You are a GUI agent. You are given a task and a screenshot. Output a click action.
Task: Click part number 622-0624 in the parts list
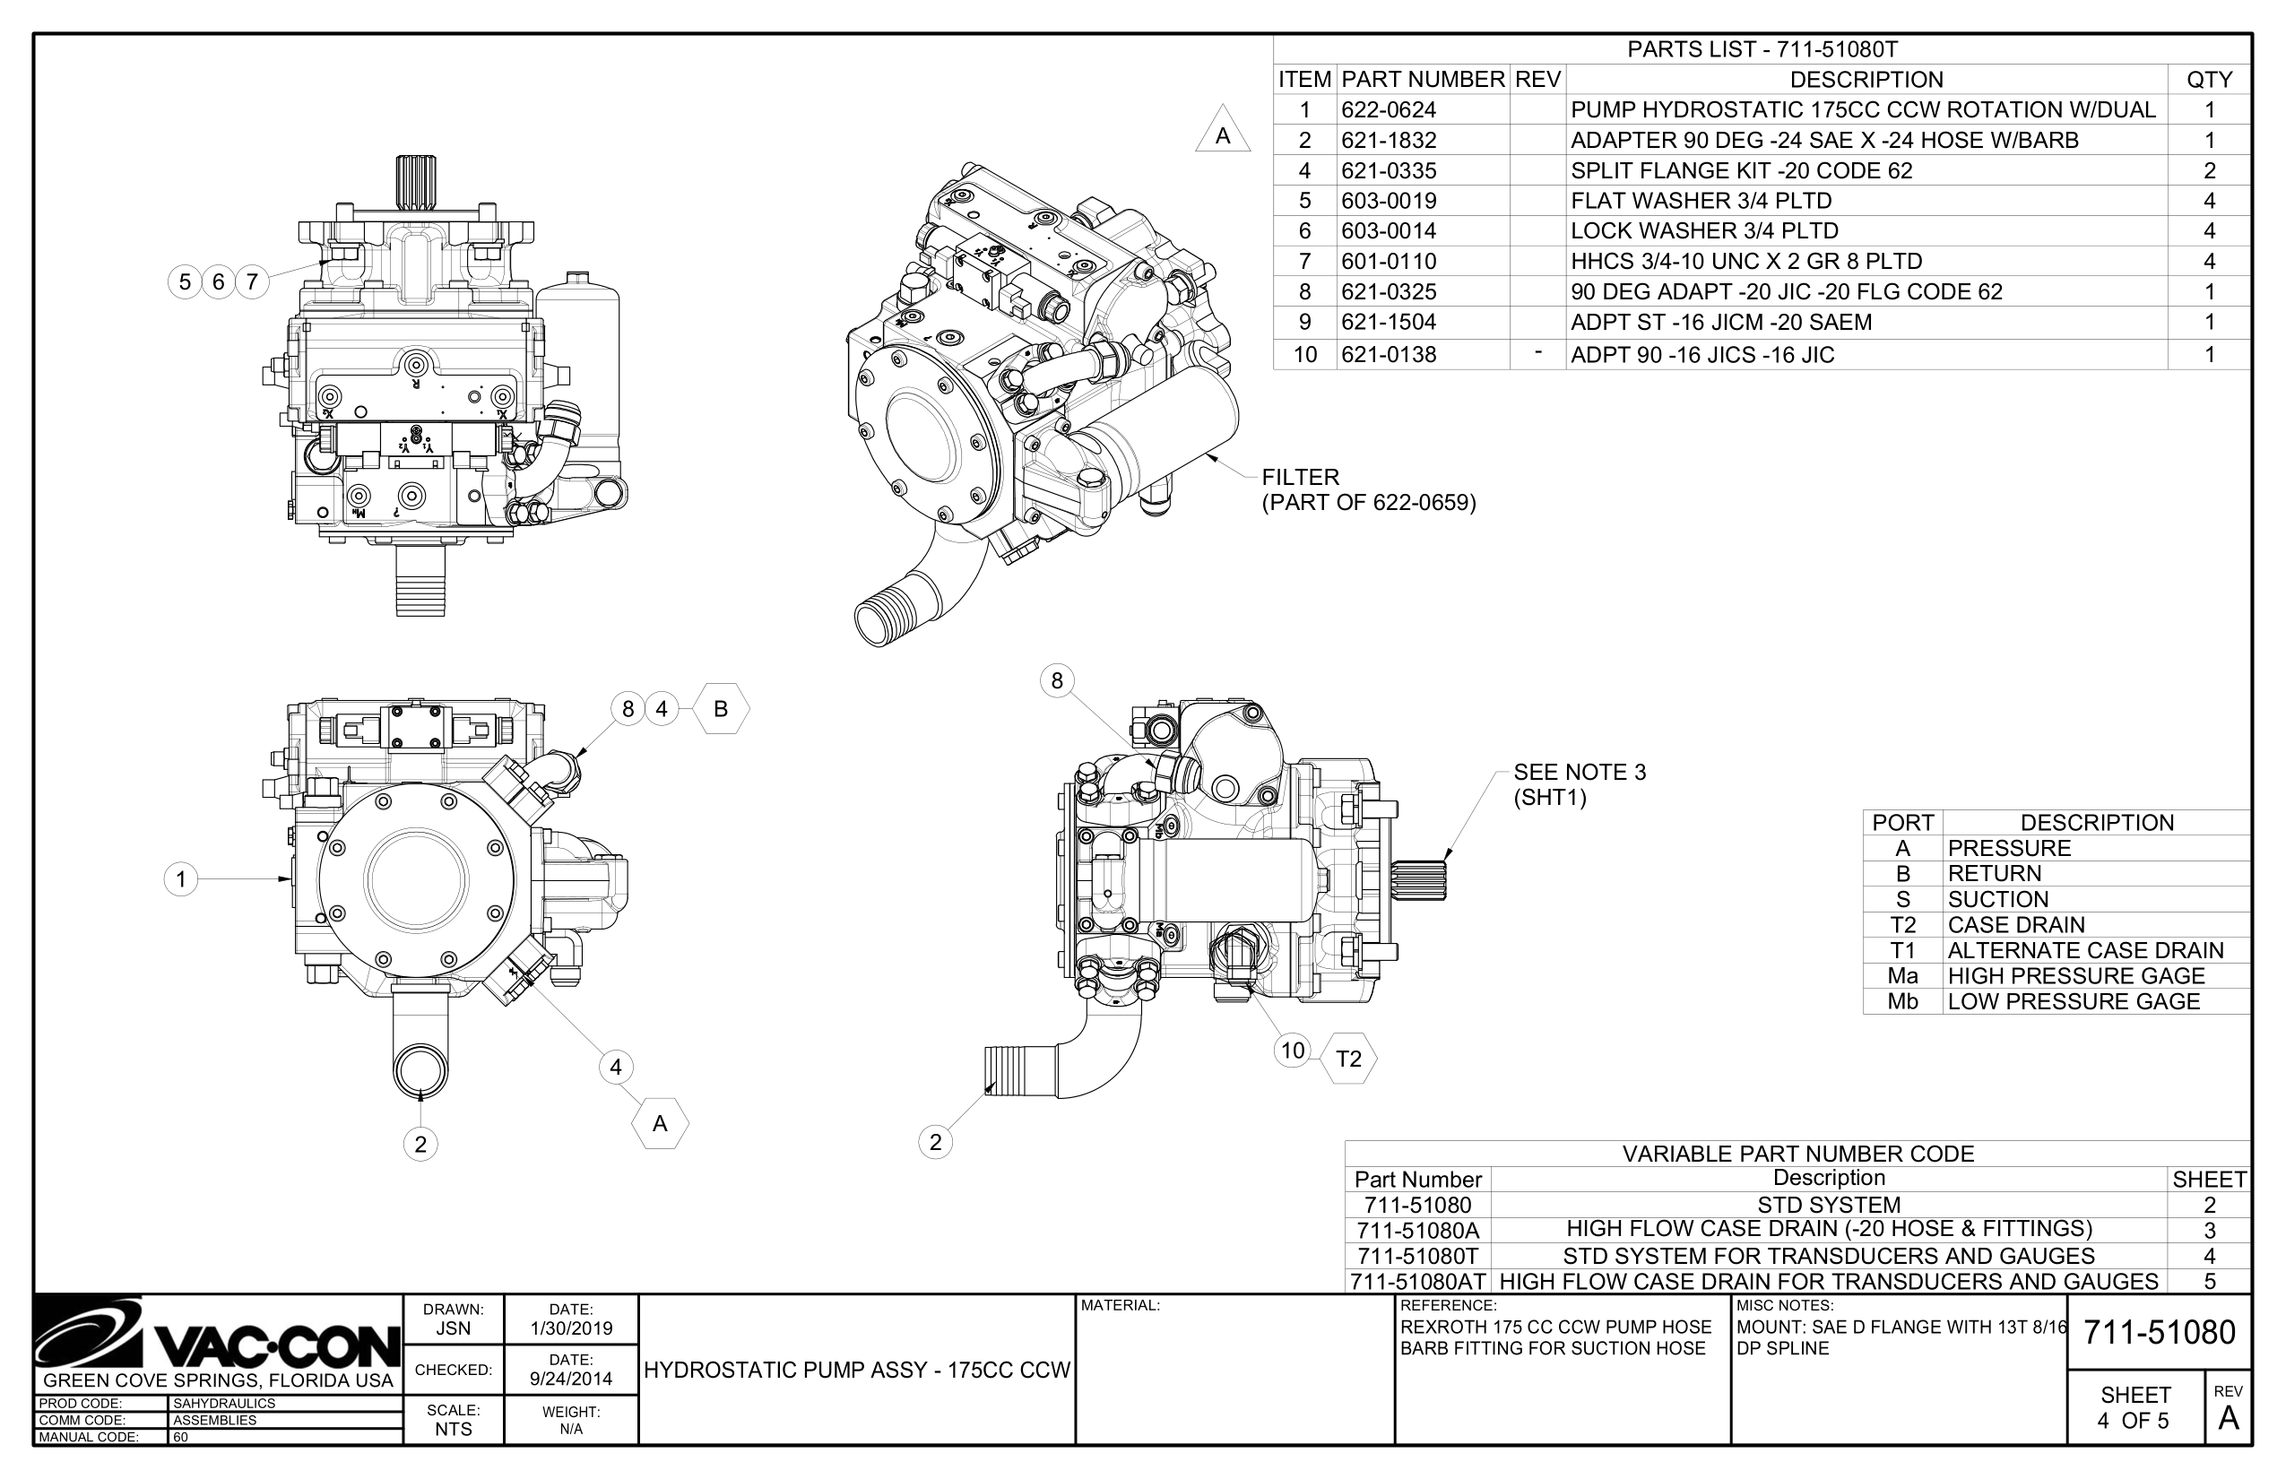(x=1388, y=110)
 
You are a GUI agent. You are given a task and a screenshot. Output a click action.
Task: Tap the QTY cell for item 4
(x=2209, y=171)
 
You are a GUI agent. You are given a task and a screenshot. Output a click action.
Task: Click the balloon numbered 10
(x=1293, y=1050)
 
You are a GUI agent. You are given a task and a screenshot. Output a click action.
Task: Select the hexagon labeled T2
(x=1348, y=1059)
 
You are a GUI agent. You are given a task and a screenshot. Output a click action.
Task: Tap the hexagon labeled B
(x=721, y=709)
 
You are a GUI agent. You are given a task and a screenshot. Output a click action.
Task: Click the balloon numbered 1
(x=180, y=878)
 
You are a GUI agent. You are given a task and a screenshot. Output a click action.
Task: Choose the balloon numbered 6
(x=218, y=281)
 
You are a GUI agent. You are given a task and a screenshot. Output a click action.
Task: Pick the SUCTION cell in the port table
(x=1998, y=900)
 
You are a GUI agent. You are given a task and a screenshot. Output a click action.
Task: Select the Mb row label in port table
(x=1901, y=1002)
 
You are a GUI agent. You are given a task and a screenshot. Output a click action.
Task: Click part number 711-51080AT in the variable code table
(x=1417, y=1281)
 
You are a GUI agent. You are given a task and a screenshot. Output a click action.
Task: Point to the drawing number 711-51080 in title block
(x=2160, y=1333)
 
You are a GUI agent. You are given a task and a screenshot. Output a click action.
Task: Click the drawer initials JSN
(x=454, y=1329)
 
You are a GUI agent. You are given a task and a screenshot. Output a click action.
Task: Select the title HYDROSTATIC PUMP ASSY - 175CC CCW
(x=857, y=1371)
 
